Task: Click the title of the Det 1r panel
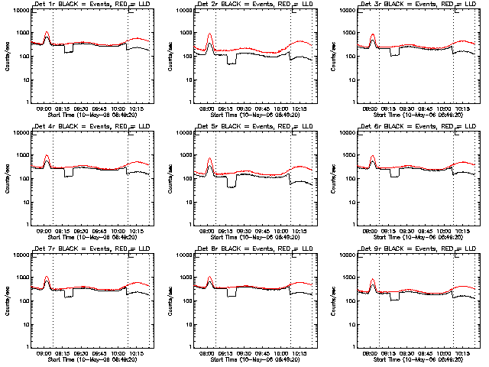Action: click(x=84, y=5)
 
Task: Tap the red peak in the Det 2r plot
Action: click(x=209, y=34)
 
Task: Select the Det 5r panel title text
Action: click(x=247, y=127)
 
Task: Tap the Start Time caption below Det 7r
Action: click(x=84, y=359)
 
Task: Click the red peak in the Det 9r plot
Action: click(x=373, y=284)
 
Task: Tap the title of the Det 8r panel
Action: click(x=247, y=249)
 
